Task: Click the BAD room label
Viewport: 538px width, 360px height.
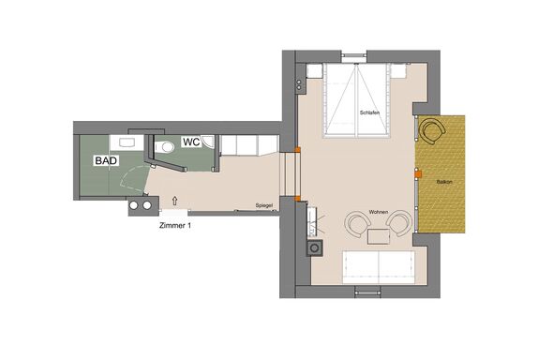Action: click(x=106, y=160)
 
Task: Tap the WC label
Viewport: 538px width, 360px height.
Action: click(x=191, y=142)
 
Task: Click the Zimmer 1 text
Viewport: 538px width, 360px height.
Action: click(x=175, y=226)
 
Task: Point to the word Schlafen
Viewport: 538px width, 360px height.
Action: click(x=369, y=112)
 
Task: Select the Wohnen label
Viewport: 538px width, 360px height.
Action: click(x=379, y=212)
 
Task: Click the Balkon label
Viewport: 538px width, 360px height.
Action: click(x=444, y=182)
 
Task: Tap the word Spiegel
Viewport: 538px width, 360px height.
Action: click(x=264, y=205)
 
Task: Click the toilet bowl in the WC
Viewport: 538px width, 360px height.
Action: click(x=165, y=147)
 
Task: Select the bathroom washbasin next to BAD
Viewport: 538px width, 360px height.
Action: click(x=127, y=142)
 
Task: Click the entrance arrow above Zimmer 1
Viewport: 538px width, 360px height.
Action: click(x=175, y=202)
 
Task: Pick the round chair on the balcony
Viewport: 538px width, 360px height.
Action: click(x=433, y=131)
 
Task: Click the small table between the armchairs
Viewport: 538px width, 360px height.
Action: click(x=379, y=237)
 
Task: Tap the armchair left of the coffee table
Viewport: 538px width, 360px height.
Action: click(x=357, y=224)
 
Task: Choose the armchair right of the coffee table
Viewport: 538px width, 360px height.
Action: click(x=399, y=223)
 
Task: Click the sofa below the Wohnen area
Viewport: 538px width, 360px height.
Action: click(x=379, y=267)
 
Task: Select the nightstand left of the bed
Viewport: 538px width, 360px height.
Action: click(x=314, y=71)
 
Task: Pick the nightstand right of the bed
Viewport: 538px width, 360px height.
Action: click(x=399, y=70)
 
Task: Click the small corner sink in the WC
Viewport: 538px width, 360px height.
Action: click(x=208, y=141)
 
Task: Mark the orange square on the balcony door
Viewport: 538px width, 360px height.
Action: click(x=418, y=174)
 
